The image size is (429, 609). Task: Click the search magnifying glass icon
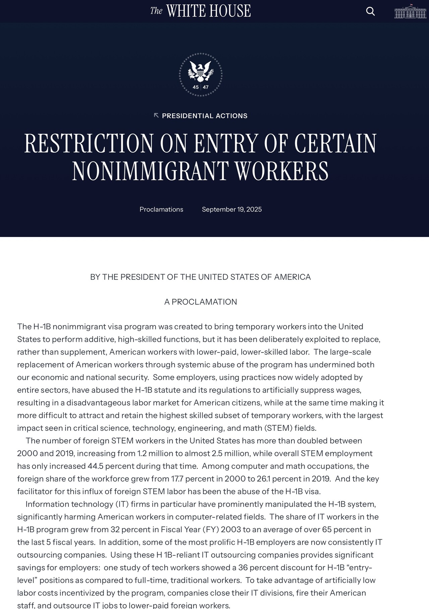(x=370, y=11)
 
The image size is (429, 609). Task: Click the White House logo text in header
(x=200, y=11)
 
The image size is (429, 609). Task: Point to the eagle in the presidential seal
(x=200, y=70)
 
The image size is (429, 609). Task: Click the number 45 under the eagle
(x=196, y=87)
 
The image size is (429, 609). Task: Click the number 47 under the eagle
(x=206, y=87)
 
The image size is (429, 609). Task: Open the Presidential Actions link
(x=204, y=116)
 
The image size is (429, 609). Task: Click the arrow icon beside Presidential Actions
(x=156, y=115)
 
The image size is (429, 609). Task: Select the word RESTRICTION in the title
(x=89, y=144)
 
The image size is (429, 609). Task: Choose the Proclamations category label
(x=161, y=209)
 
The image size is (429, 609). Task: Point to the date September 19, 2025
(x=232, y=209)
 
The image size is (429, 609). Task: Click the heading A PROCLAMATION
(x=200, y=302)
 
